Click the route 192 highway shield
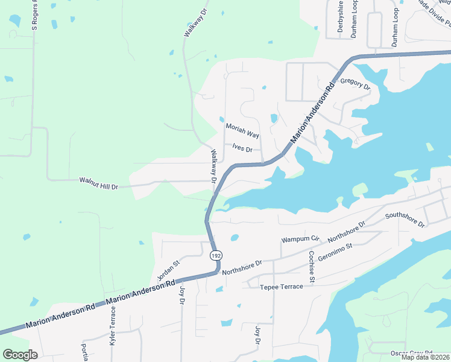[x=215, y=255]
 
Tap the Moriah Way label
[x=242, y=131]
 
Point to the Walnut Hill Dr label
[x=99, y=180]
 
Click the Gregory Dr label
[x=355, y=84]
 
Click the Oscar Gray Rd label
[x=411, y=352]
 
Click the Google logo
[x=20, y=355]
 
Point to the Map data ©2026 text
[x=425, y=357]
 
